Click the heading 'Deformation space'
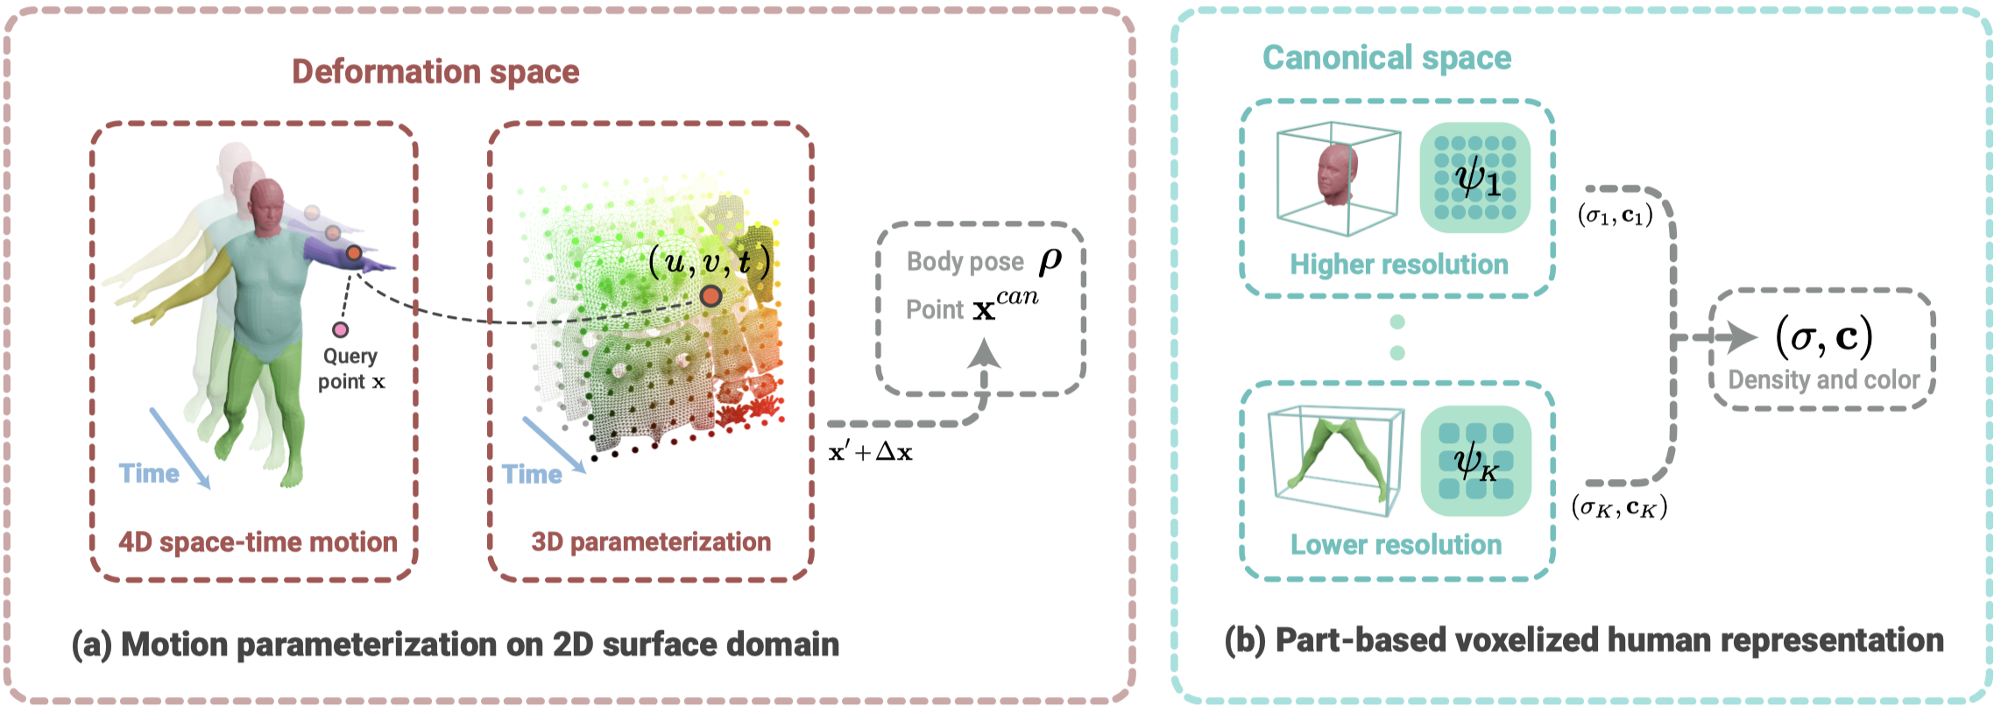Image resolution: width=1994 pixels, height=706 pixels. click(x=435, y=72)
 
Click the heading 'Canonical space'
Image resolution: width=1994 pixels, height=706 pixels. click(x=1386, y=58)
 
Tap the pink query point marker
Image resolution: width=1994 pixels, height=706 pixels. click(x=340, y=329)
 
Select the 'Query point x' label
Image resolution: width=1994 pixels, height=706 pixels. click(x=351, y=369)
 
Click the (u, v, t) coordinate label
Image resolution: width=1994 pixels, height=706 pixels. click(x=709, y=261)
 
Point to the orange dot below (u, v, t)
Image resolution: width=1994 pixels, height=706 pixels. click(x=711, y=296)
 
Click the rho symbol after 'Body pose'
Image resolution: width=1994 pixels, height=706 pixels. click(x=1050, y=260)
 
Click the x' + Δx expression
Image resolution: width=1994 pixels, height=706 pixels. click(x=870, y=452)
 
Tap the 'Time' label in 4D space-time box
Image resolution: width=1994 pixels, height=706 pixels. click(x=149, y=474)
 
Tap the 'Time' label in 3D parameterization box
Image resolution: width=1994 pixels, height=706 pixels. click(x=532, y=474)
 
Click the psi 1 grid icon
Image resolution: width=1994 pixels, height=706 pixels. click(x=1475, y=178)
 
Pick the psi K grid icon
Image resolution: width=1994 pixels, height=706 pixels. click(x=1475, y=461)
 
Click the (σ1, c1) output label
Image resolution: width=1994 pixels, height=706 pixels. click(x=1615, y=215)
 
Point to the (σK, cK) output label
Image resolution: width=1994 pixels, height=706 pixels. click(x=1619, y=507)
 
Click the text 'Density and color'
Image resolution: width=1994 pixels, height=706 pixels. click(x=1823, y=380)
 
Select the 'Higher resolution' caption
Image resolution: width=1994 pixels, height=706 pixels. click(x=1398, y=265)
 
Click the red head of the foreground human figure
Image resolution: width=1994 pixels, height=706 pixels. click(x=266, y=203)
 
